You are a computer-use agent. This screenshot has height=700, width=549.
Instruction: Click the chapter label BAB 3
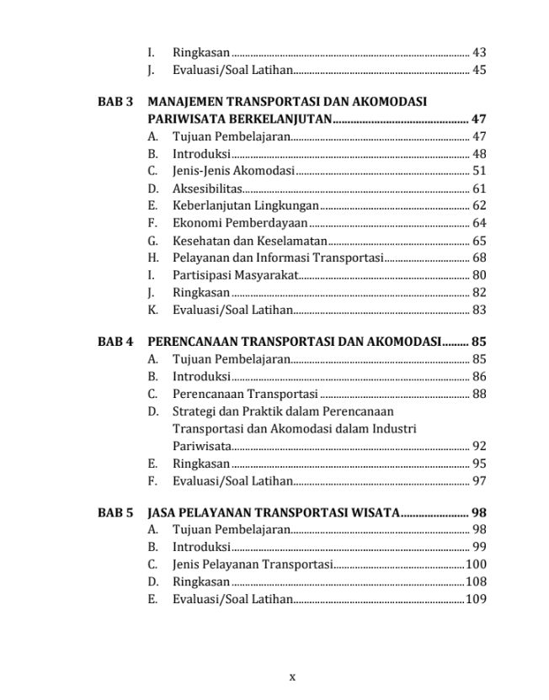pos(115,102)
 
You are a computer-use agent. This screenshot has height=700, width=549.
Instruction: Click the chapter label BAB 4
pos(115,342)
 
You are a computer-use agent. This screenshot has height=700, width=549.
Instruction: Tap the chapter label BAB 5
pos(115,512)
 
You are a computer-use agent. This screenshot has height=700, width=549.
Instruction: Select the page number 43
pos(478,52)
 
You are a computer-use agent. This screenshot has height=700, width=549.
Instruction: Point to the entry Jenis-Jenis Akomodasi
pos(233,171)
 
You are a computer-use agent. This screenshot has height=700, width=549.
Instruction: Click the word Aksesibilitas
pos(207,188)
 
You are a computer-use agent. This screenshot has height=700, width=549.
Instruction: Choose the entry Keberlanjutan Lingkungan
pos(245,205)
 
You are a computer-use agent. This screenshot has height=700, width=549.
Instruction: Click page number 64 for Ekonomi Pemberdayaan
pos(478,223)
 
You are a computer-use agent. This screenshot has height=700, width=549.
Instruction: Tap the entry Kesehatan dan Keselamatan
pos(249,241)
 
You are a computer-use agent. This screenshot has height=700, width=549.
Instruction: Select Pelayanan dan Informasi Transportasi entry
pos(278,257)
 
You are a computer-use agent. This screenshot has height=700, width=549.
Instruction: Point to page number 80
pos(478,275)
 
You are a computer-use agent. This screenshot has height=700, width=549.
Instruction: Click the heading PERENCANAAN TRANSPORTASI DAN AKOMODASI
pos(295,342)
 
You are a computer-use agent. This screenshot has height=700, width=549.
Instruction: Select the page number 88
pos(478,394)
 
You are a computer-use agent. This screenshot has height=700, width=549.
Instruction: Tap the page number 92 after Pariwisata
pos(478,446)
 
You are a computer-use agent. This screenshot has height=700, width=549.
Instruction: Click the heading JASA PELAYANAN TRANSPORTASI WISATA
pos(273,512)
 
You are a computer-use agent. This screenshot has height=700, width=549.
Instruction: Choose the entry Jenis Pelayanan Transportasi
pos(253,565)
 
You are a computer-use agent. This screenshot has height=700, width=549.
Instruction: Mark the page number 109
pos(476,599)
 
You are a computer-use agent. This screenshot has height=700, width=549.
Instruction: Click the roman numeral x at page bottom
pos(292,676)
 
